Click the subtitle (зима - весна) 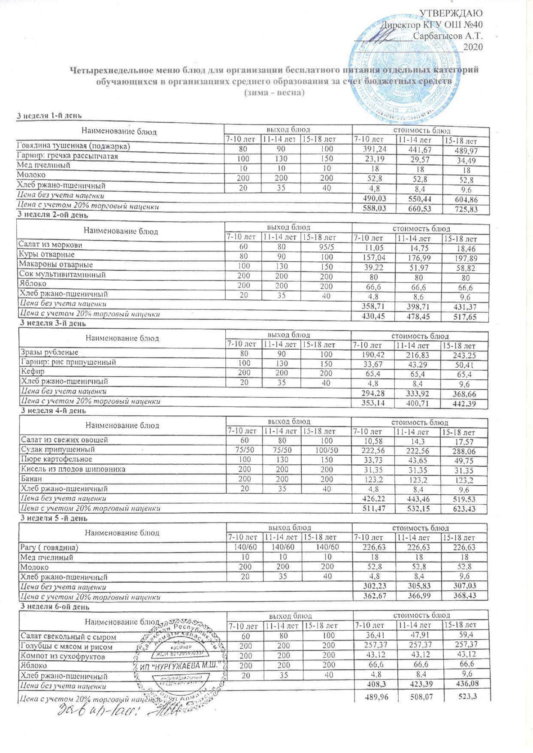[274, 93]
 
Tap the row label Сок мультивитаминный [62, 275]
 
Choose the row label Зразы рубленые [49, 352]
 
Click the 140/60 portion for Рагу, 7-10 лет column [243, 547]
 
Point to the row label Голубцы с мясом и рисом [67, 647]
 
